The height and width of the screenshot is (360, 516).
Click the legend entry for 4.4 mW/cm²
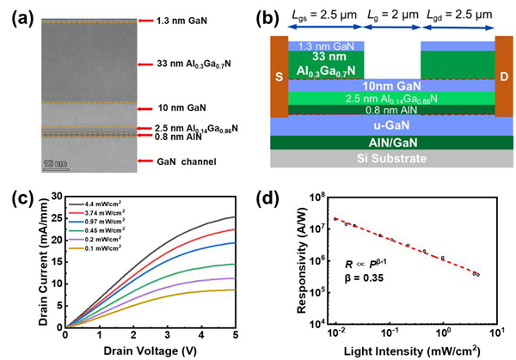coord(106,203)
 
